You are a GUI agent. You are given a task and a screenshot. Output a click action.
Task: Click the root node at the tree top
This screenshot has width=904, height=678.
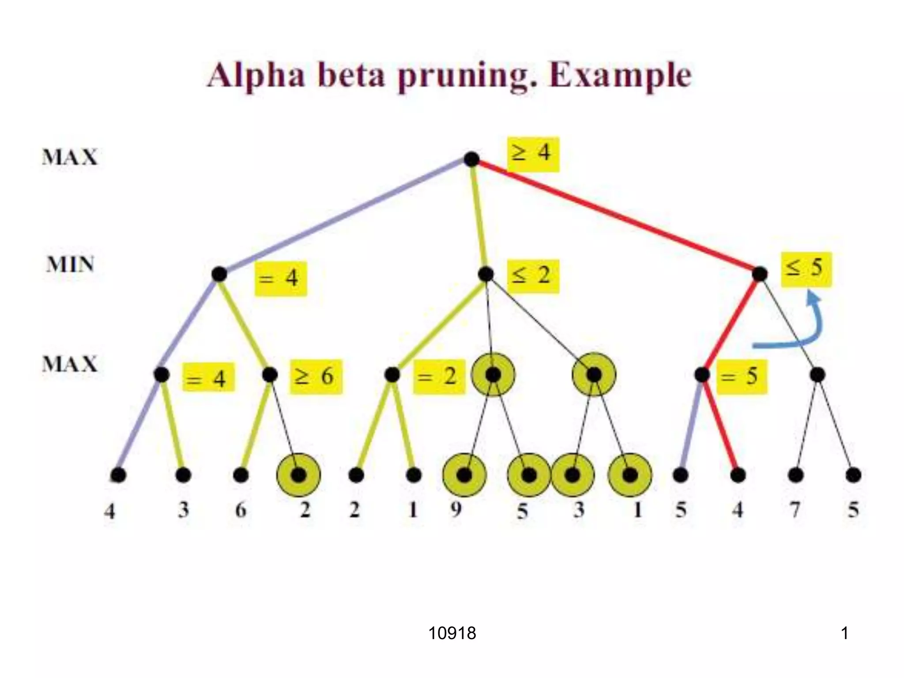[471, 159]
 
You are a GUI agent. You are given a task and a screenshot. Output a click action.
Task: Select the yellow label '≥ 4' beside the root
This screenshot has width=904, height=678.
[533, 154]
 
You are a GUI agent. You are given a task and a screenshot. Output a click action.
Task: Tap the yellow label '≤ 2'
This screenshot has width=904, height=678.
[533, 276]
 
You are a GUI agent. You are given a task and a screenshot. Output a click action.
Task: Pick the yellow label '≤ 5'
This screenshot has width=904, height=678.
[806, 269]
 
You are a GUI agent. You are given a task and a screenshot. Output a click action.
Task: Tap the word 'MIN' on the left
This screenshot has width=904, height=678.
[70, 265]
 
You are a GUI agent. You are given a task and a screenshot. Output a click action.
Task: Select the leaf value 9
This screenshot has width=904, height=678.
[456, 510]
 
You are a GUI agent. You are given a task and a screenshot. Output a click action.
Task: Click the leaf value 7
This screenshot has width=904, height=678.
[795, 510]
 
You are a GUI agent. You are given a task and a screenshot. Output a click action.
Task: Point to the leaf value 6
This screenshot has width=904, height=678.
[241, 510]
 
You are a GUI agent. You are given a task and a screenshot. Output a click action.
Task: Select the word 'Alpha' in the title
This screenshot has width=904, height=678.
[256, 76]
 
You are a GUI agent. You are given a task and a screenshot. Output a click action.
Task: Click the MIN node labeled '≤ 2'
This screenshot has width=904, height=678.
[486, 274]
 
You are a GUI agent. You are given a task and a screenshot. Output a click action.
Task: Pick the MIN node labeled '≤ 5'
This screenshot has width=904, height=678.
[760, 274]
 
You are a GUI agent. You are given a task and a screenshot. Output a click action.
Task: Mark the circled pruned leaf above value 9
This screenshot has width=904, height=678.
[464, 475]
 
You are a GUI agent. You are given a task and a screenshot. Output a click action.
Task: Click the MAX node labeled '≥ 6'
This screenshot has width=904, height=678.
[270, 375]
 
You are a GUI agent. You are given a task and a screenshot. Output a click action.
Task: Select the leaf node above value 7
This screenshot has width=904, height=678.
[795, 475]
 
